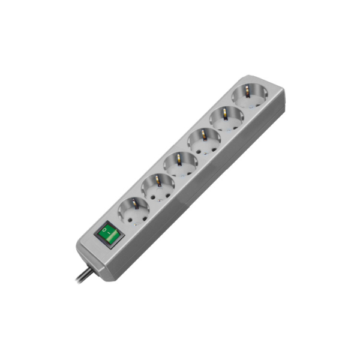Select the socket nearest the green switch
134,211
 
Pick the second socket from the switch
158,187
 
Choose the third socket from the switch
181,164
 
